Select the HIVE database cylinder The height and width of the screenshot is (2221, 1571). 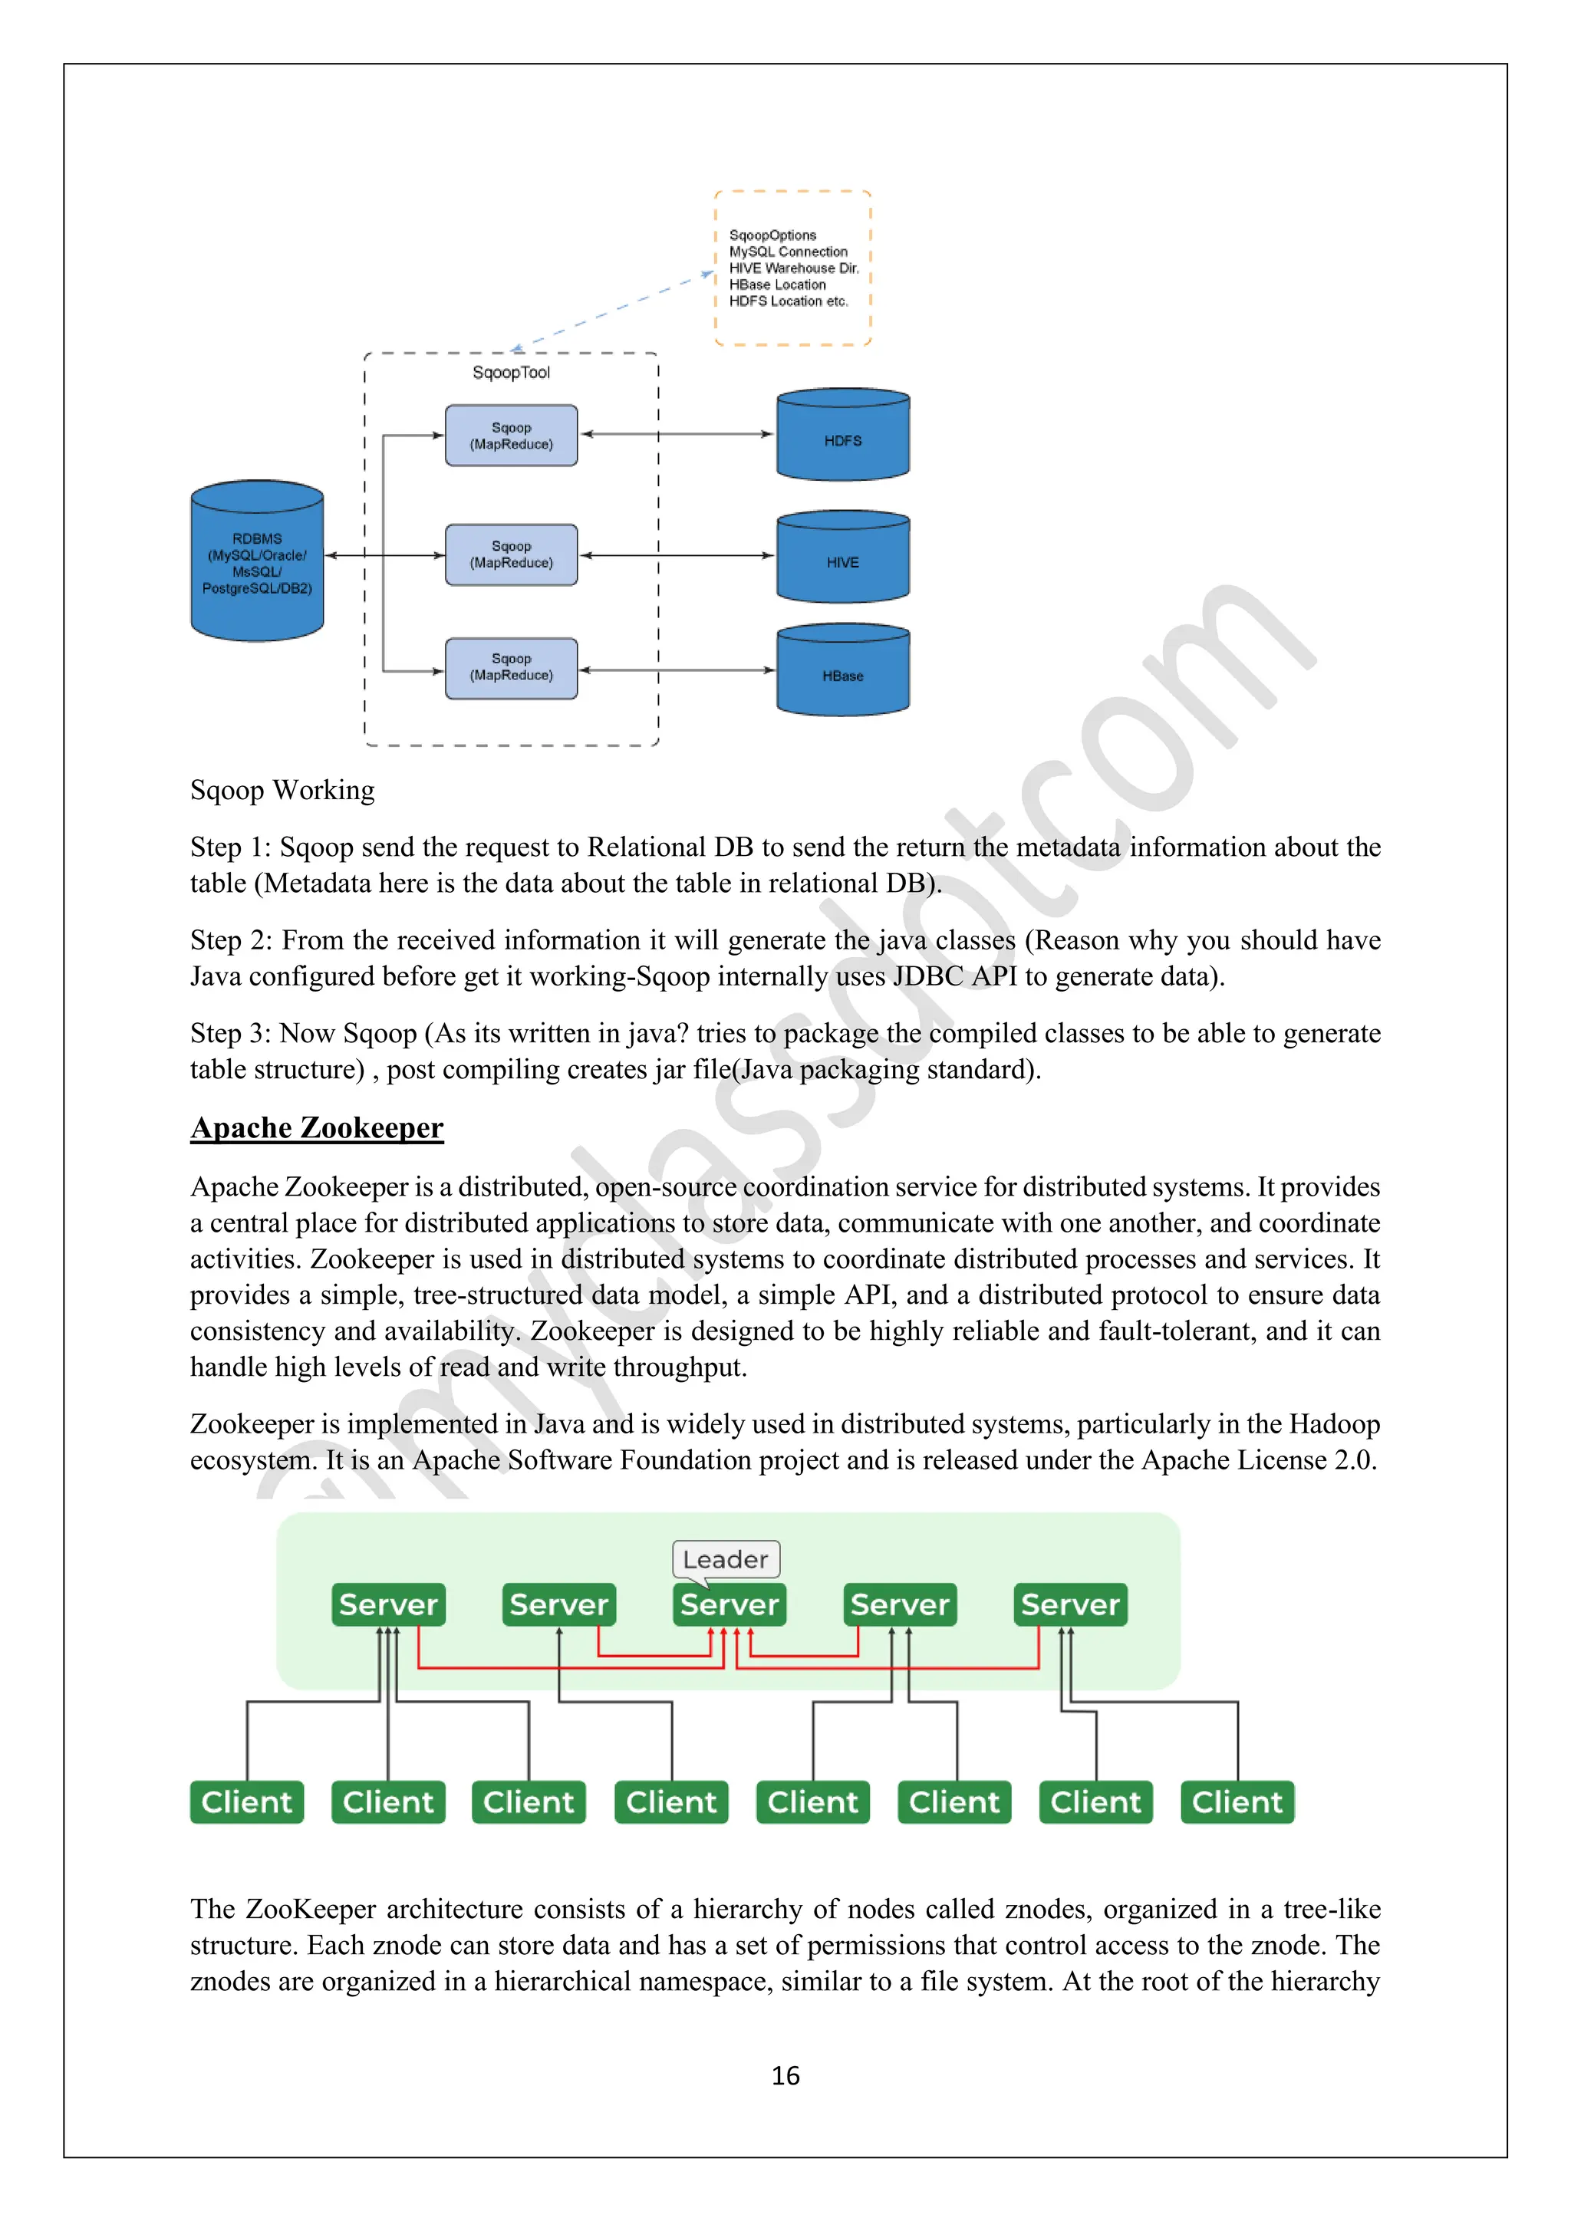[x=842, y=558]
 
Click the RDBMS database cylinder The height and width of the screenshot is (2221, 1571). [x=257, y=562]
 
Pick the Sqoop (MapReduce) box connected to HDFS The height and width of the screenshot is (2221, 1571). [x=511, y=436]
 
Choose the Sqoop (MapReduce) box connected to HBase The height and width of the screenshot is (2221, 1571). [x=511, y=667]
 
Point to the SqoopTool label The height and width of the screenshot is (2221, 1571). [x=511, y=373]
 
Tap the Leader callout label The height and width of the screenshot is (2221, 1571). [x=726, y=1559]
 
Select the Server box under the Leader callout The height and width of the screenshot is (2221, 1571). [x=730, y=1605]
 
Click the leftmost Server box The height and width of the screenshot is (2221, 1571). [x=388, y=1605]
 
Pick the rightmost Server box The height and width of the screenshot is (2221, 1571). [x=1070, y=1605]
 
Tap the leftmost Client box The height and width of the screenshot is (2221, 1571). [x=247, y=1802]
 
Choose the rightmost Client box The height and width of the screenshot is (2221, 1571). [x=1237, y=1802]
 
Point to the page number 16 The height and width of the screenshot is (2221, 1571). [x=785, y=2075]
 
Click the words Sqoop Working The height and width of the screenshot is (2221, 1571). [x=282, y=791]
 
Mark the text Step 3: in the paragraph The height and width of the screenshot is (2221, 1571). [x=230, y=1033]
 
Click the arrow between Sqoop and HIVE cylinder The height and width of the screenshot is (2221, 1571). [x=677, y=555]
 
